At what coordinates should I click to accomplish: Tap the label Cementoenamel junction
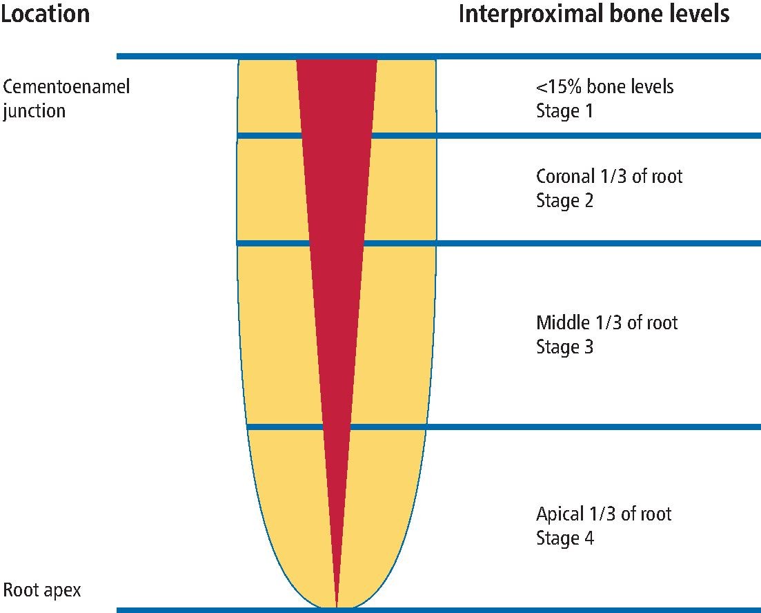tap(66, 98)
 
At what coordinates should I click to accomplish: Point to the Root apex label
tap(42, 590)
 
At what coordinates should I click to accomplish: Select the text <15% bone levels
tap(604, 87)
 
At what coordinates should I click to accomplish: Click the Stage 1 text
tap(564, 111)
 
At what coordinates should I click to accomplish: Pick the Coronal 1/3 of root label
tap(609, 177)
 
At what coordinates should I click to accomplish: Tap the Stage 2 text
tap(564, 201)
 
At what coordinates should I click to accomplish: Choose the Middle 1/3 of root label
tap(606, 322)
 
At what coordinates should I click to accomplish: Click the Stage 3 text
tap(564, 347)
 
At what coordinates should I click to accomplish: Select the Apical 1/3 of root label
tap(604, 514)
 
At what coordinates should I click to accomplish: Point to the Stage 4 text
tap(564, 538)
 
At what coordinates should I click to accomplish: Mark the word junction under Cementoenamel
tap(34, 110)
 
